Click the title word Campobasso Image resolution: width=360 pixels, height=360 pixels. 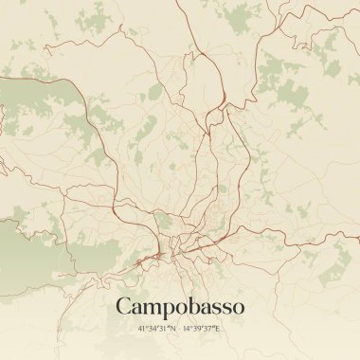coord(180,306)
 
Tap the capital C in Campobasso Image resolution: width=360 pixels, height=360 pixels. coord(123,306)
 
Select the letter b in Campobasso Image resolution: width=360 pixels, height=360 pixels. coord(184,305)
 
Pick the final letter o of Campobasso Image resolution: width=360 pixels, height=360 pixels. coord(238,307)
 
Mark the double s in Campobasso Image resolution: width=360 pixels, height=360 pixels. coord(219,307)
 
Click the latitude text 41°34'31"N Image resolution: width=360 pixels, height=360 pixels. coord(157,328)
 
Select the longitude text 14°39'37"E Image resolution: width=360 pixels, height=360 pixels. coord(203,328)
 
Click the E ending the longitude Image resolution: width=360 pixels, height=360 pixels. coord(218,328)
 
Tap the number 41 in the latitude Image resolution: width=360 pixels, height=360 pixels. coord(143,328)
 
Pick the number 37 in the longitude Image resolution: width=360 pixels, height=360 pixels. coord(210,328)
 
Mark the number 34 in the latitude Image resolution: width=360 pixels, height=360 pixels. coord(153,328)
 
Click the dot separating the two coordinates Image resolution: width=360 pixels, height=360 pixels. coord(180,328)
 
